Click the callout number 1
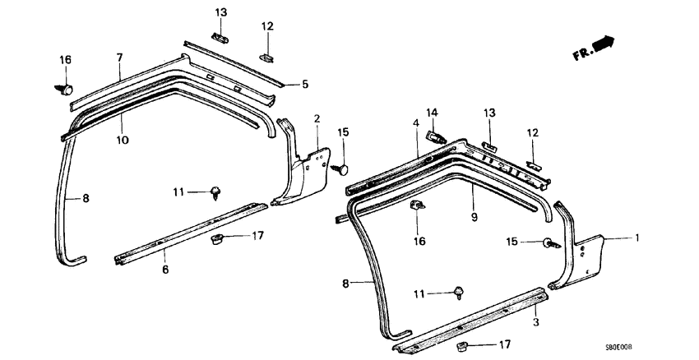(635, 238)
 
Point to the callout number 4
(416, 123)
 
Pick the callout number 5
(304, 84)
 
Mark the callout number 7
(119, 57)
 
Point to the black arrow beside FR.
(605, 44)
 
